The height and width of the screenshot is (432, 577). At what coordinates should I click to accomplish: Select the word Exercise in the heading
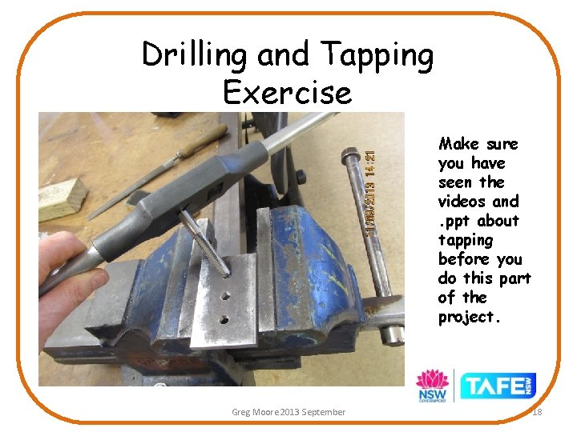[288, 93]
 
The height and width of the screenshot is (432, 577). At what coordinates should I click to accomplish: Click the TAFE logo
[498, 386]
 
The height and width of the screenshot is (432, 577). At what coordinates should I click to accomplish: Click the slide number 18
[536, 411]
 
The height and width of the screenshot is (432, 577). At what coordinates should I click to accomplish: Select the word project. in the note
[470, 317]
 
